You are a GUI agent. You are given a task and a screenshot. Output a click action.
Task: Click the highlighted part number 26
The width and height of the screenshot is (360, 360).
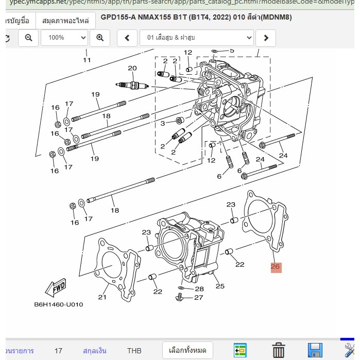coord(276,267)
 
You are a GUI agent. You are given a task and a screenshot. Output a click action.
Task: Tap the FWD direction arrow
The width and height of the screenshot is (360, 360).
coord(56,288)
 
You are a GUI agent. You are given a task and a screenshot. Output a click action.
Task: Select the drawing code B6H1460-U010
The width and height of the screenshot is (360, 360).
coord(58,304)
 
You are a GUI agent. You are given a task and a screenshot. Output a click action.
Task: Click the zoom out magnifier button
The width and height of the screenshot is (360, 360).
coord(28,38)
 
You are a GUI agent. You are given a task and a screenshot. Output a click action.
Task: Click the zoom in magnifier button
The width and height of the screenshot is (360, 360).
coord(99,38)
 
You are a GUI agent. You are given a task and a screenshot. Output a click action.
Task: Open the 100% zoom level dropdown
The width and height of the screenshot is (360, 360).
coord(64,38)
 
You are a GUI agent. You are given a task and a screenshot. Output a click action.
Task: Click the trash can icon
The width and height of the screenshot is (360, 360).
coord(279,350)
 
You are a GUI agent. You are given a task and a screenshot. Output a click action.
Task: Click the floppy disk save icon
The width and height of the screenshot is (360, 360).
coord(314,350)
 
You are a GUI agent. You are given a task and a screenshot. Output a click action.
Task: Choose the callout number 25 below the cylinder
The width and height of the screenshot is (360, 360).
coord(220,286)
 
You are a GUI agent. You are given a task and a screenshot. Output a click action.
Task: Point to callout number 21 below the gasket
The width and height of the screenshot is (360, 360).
coord(102,297)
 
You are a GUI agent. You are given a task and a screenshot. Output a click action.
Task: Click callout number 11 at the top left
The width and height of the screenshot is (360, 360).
coord(87,60)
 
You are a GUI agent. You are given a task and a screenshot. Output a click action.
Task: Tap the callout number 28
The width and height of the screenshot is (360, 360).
coord(199,289)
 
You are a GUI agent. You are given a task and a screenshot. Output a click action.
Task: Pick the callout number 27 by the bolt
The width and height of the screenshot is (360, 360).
coord(199,298)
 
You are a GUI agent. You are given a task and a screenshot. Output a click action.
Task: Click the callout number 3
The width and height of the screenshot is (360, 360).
coord(162,123)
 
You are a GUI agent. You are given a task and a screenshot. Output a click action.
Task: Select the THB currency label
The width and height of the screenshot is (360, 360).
coord(134,351)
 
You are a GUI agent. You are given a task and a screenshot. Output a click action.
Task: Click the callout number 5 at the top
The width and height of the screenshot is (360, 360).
coord(231,50)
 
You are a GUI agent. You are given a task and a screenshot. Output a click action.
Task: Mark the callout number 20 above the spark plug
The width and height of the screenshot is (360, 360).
coord(132,68)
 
